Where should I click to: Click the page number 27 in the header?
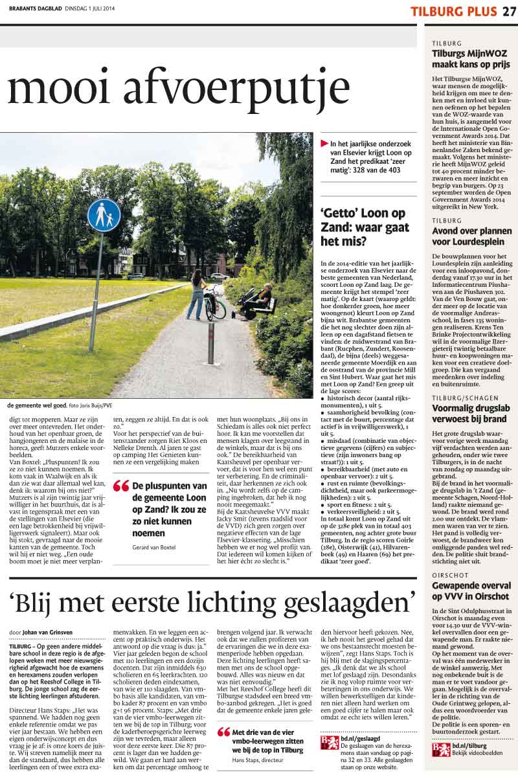coord(508,11)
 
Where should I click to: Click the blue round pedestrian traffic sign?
coord(104,215)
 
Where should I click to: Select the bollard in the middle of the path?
coord(210,343)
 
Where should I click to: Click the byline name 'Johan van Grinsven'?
coord(50,631)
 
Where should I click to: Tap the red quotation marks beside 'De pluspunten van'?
coord(120,486)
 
